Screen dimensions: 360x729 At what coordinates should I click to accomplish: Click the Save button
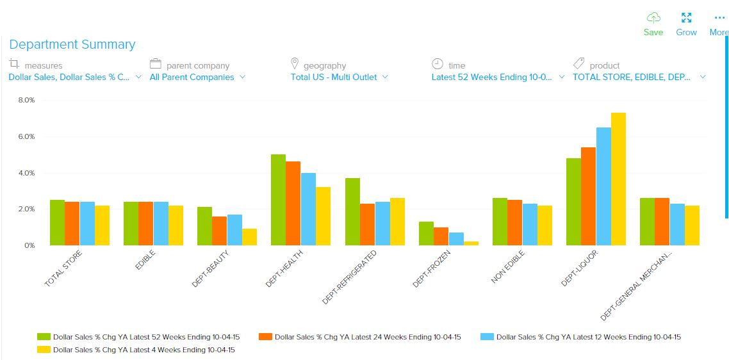coord(653,24)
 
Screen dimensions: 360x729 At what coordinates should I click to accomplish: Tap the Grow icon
coord(686,24)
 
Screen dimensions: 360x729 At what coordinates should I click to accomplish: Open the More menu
coord(719,24)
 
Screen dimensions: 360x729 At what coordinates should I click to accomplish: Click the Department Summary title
coord(72,44)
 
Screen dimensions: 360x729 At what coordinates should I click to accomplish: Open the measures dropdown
coord(75,77)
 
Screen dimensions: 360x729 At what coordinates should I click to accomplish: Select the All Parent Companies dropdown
coord(197,77)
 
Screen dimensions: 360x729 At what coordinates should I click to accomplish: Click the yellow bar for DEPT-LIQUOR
coord(618,179)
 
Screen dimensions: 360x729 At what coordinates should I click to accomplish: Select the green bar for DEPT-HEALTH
coord(278,200)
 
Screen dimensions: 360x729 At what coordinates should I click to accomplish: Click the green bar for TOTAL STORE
coord(57,222)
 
